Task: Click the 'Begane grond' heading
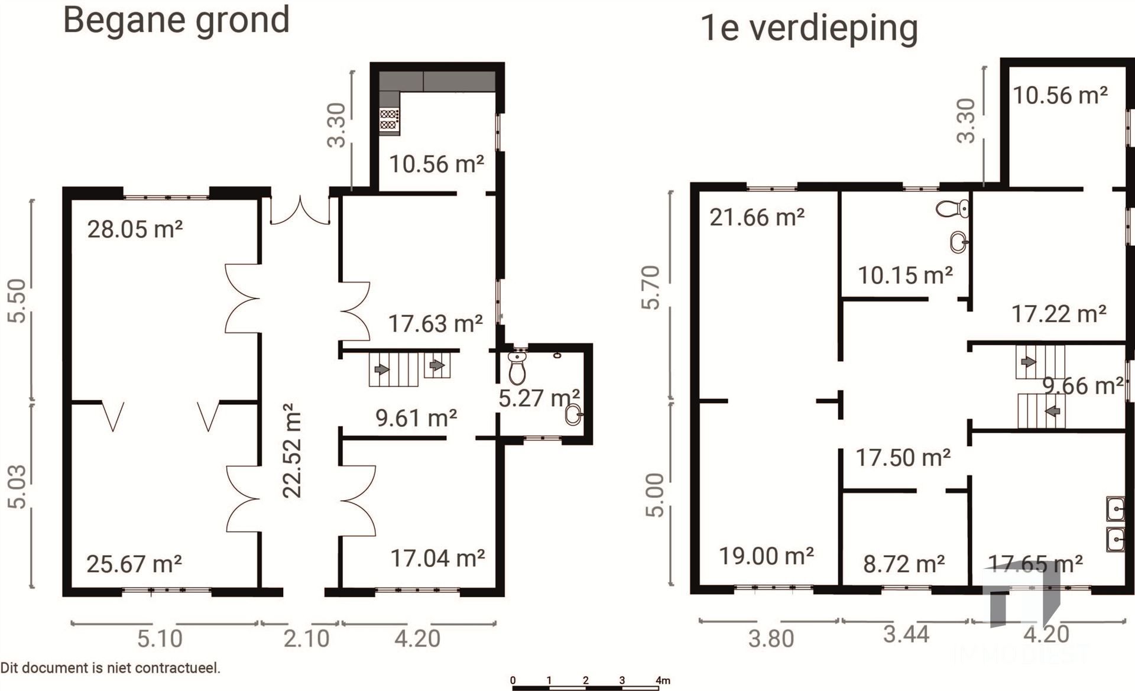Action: click(x=176, y=20)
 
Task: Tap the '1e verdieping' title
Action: click(x=809, y=28)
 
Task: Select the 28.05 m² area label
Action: click(x=135, y=229)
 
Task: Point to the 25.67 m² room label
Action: click(x=134, y=564)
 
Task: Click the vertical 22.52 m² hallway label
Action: click(x=292, y=451)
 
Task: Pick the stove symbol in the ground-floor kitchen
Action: click(x=389, y=119)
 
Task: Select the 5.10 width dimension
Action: click(x=160, y=639)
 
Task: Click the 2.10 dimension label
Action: click(x=306, y=639)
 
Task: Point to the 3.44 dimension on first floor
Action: click(x=906, y=634)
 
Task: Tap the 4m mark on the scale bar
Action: click(x=663, y=680)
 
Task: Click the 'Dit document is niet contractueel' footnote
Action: click(x=111, y=669)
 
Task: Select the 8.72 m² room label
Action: click(x=903, y=565)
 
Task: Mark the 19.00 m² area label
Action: click(x=766, y=556)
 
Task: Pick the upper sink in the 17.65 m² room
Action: click(x=1115, y=508)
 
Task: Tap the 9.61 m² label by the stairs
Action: click(x=416, y=419)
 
